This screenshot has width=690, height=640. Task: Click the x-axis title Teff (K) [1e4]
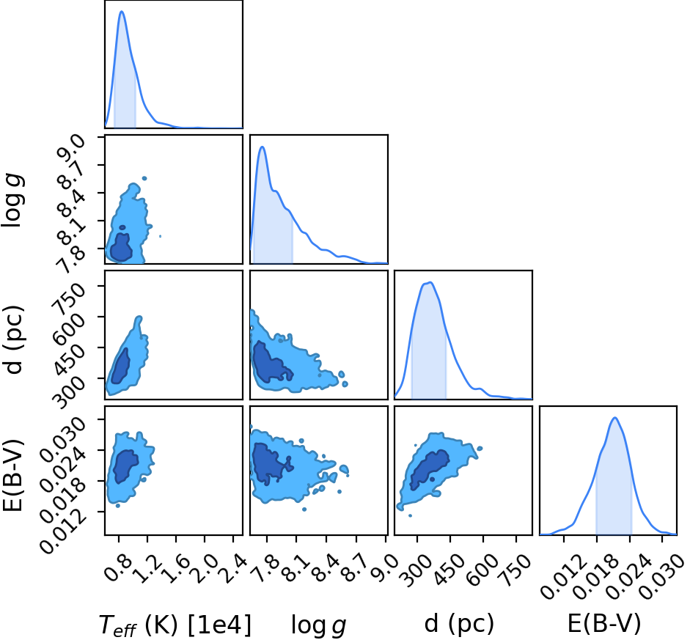point(175,625)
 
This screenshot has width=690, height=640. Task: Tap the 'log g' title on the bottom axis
point(318,625)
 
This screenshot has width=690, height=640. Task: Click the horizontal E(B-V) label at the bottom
point(604,623)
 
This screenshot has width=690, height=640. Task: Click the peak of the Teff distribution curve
point(122,12)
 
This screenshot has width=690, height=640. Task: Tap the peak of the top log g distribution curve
point(263,147)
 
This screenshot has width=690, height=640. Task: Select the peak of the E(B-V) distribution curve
point(614,418)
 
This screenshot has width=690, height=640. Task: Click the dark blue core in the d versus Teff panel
point(120,368)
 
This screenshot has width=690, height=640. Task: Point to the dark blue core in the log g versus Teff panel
point(120,248)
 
